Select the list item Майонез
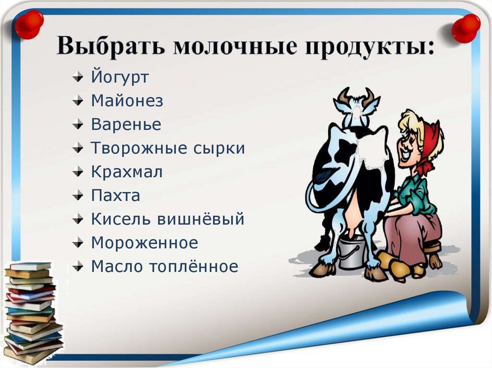pyautogui.click(x=127, y=101)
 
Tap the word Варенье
pyautogui.click(x=126, y=125)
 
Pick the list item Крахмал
pyautogui.click(x=127, y=172)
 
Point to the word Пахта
pyautogui.click(x=115, y=196)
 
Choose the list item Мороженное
pyautogui.click(x=144, y=243)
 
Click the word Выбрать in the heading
pyautogui.click(x=111, y=48)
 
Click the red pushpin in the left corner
pyautogui.click(x=28, y=24)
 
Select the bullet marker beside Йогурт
pyautogui.click(x=78, y=78)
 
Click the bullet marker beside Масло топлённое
pyautogui.click(x=78, y=267)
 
